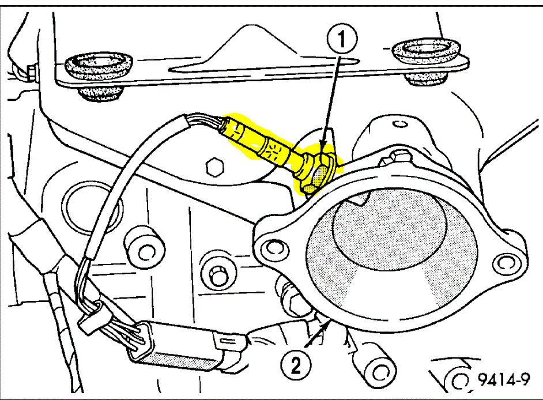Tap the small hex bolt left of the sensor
pos(214,167)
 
